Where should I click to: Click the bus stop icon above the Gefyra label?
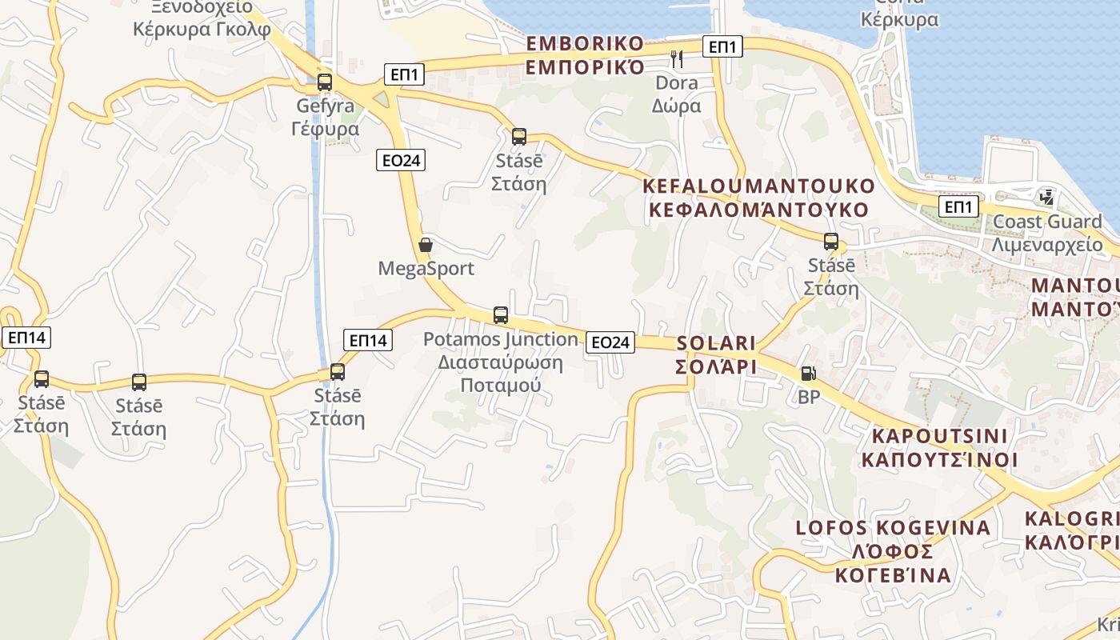tap(324, 82)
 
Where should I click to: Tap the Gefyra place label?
tap(327, 117)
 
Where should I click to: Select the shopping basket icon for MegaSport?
tap(426, 245)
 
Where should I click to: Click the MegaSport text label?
tap(426, 269)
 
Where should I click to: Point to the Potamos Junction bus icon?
tap(501, 315)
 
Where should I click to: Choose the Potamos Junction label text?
tap(500, 362)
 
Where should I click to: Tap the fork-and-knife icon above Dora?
tap(677, 58)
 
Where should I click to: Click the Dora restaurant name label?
tap(677, 94)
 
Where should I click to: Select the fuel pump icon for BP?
tap(809, 374)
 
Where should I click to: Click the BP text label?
tap(809, 397)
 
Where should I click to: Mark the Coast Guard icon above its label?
tap(1046, 197)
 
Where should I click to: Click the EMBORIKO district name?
tap(585, 54)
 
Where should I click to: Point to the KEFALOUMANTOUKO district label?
tap(759, 198)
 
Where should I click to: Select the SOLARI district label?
tap(716, 354)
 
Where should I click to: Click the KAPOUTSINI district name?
tap(939, 448)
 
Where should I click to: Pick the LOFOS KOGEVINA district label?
tap(893, 551)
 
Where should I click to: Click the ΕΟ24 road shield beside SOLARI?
tap(610, 342)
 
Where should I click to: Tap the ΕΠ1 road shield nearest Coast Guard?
tap(958, 207)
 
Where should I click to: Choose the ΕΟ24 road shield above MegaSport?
tap(401, 160)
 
